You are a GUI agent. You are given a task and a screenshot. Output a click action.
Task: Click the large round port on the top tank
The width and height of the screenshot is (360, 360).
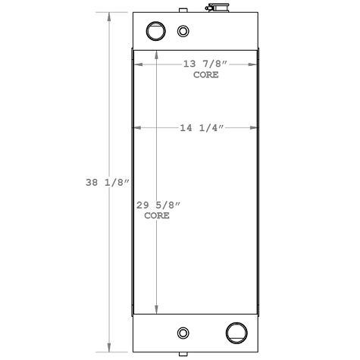click(x=155, y=31)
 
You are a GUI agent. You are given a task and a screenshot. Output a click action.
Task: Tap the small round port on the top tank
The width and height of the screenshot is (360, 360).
click(x=183, y=31)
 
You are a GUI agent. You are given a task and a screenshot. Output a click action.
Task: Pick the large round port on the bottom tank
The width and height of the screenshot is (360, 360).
click(x=236, y=333)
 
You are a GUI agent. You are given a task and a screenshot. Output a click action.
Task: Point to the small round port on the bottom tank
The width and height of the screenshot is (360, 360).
click(x=183, y=333)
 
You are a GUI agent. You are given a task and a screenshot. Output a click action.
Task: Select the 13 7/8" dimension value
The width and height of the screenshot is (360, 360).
click(x=205, y=64)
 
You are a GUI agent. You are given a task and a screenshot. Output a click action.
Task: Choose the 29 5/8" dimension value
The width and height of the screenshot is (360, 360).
click(x=157, y=205)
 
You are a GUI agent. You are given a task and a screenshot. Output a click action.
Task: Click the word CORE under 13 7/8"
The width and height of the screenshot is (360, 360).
click(x=206, y=75)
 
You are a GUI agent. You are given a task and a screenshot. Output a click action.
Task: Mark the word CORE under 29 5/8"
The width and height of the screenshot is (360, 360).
click(x=156, y=216)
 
